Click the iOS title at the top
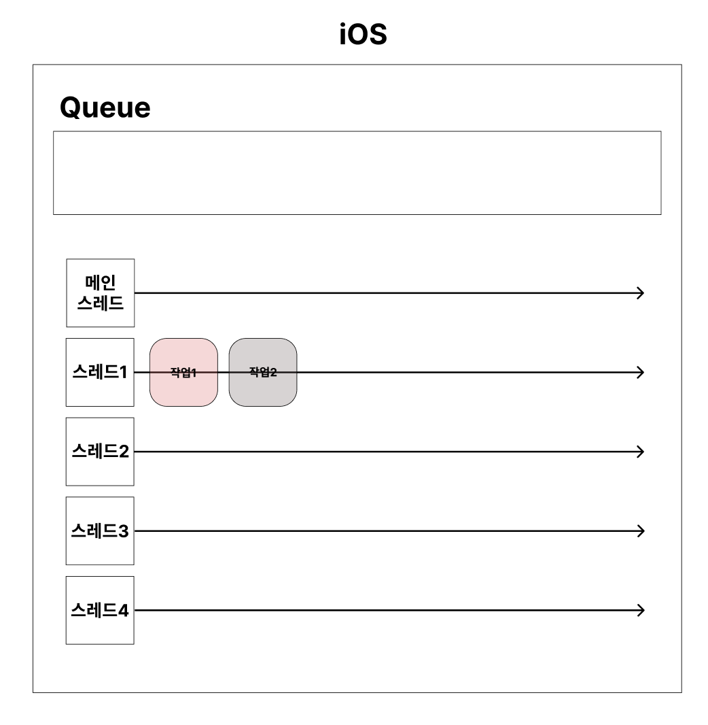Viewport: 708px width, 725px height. [364, 35]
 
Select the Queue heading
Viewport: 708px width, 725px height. [105, 107]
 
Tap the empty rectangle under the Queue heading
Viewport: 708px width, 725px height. [357, 173]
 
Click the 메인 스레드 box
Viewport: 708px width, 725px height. [100, 292]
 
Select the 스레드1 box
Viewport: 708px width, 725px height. [100, 372]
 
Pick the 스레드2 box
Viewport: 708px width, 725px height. [100, 451]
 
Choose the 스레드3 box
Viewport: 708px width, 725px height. [100, 530]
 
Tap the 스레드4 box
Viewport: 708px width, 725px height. [100, 610]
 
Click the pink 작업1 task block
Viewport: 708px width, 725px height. [183, 372]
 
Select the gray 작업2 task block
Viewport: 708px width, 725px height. [263, 372]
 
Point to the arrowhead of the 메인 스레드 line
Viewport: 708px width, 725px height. [640, 292]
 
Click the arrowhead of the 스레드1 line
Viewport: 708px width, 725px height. [640, 372]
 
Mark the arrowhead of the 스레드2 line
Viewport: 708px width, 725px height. [640, 451]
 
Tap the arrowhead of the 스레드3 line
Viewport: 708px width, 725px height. [640, 530]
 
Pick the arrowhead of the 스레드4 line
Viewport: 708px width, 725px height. [640, 610]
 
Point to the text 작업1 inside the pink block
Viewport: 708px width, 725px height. [183, 373]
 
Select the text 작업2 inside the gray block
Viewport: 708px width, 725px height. [263, 373]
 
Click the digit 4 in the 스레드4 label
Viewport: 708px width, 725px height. [123, 610]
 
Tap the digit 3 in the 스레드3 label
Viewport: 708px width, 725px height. [123, 530]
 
